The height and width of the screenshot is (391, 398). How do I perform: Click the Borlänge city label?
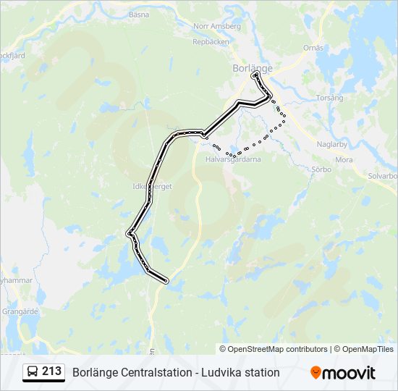(x=253, y=68)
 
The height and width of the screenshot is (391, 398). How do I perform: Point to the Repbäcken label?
(x=211, y=42)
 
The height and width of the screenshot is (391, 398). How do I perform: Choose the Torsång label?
(x=329, y=97)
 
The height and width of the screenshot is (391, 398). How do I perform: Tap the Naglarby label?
(x=333, y=144)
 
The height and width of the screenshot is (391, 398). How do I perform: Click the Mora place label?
(x=344, y=159)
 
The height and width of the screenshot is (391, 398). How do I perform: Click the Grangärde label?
(x=20, y=311)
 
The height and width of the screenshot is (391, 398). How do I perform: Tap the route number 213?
(x=51, y=371)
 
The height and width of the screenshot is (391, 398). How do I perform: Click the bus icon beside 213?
(x=33, y=372)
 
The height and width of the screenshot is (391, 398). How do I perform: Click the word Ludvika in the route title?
(x=221, y=373)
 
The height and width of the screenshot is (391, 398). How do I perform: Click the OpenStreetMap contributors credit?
(x=277, y=349)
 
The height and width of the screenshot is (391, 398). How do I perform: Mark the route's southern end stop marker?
(x=166, y=281)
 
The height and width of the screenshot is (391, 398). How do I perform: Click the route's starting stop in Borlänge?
(x=254, y=75)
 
